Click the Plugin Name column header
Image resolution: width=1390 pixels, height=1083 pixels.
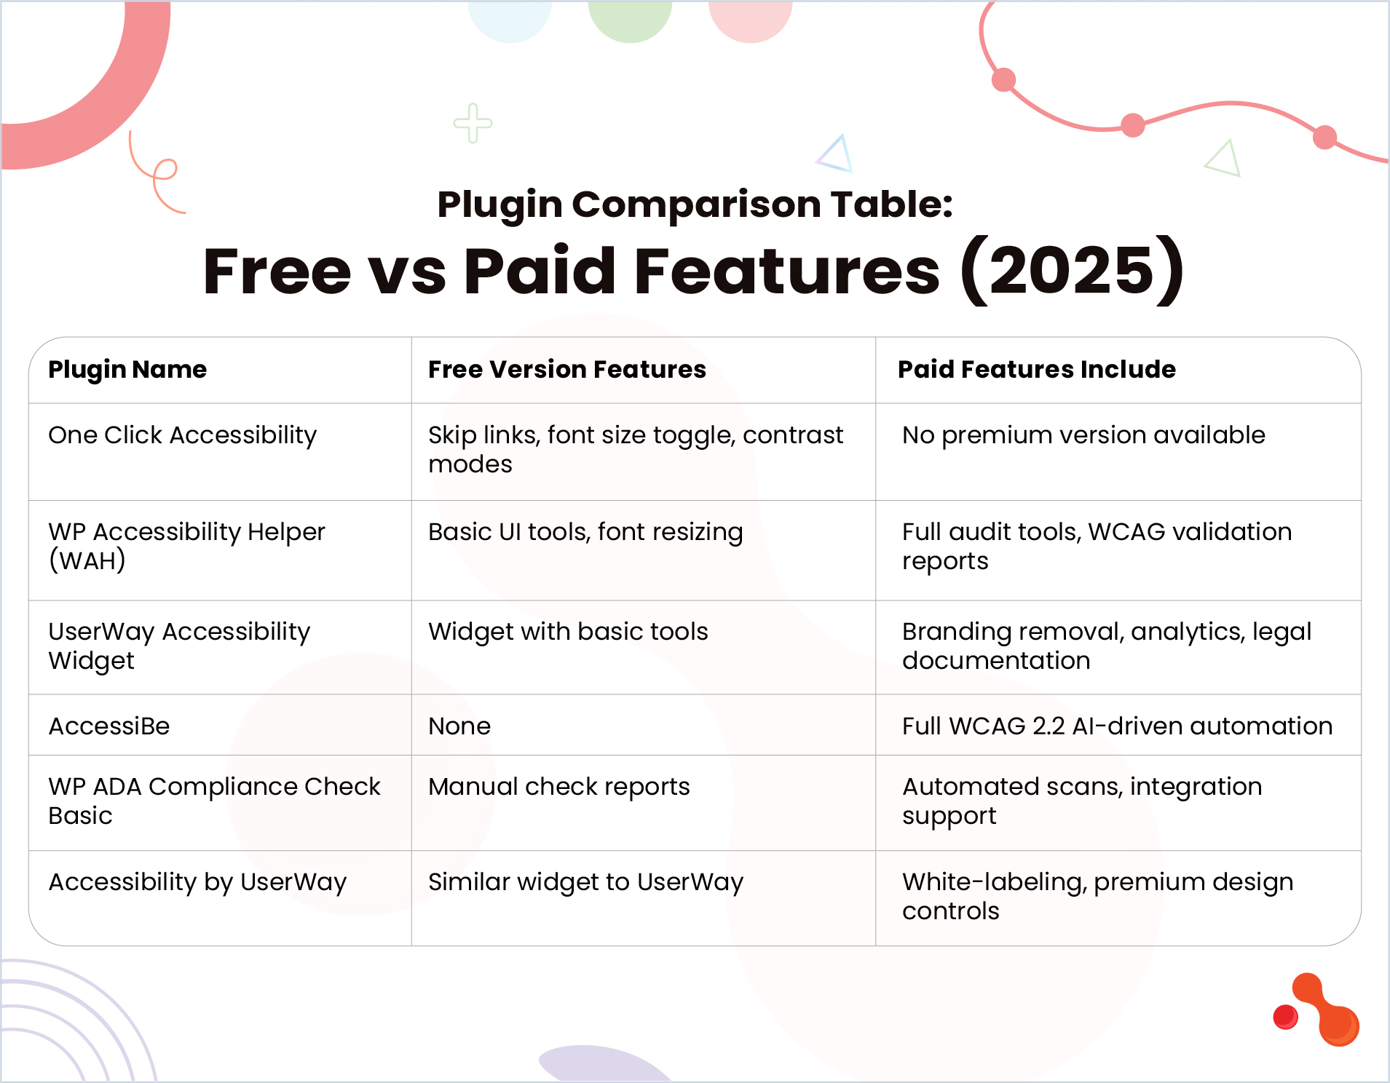point(127,370)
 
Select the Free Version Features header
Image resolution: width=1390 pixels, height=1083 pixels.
point(567,370)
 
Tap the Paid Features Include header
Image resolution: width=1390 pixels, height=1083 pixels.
point(1036,370)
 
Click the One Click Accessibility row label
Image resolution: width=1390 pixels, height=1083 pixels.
point(183,435)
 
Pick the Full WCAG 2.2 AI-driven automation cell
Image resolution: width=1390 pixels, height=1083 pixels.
point(1117,726)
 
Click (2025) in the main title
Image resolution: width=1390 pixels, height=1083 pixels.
point(1072,271)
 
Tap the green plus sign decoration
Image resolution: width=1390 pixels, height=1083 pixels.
point(473,123)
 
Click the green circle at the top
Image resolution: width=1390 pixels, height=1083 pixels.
point(630,18)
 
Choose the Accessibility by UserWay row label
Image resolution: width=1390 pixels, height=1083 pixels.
point(197,882)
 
